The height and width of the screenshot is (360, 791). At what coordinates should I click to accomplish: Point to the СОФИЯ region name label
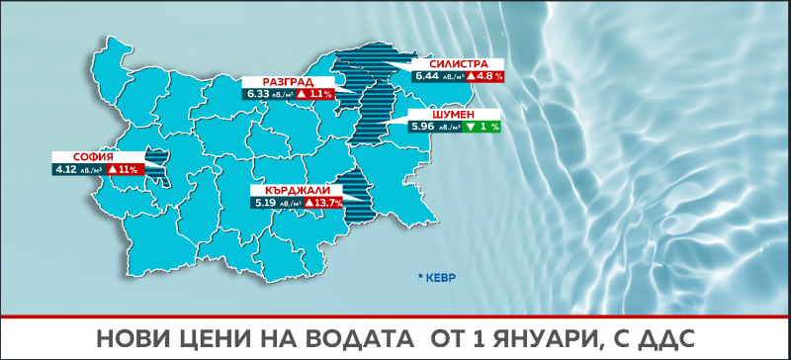[93, 157]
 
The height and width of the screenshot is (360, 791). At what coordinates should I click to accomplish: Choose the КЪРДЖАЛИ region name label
[297, 190]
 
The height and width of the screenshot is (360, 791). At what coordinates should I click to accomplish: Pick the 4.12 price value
[71, 170]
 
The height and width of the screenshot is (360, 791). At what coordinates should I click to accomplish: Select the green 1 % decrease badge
[483, 127]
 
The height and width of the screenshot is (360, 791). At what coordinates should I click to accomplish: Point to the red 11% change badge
[124, 170]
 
